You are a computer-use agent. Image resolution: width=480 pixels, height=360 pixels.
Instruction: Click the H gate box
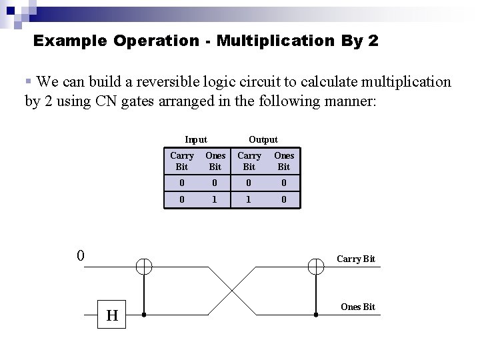click(112, 315)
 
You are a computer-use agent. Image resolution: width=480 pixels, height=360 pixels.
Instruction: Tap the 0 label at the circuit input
click(80, 255)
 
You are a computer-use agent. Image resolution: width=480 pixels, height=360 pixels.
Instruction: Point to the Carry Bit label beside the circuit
click(355, 259)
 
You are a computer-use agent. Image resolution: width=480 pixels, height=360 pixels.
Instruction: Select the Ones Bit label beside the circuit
click(358, 307)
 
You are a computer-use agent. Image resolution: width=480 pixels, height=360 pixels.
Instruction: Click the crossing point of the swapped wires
click(231, 291)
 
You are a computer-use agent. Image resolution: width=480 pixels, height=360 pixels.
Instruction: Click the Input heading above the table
click(196, 139)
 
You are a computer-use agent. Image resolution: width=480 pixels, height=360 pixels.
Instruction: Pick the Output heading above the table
click(263, 139)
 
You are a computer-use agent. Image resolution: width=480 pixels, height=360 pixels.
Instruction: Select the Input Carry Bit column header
click(181, 161)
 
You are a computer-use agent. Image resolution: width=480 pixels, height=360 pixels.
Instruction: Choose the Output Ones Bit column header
click(284, 161)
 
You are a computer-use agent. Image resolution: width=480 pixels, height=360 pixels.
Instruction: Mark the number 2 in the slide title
click(372, 41)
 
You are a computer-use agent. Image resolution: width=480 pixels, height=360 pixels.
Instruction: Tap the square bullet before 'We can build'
click(28, 81)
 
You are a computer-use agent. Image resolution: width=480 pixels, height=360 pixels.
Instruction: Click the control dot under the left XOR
click(144, 314)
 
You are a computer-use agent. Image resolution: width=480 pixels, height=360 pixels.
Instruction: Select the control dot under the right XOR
click(315, 314)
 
